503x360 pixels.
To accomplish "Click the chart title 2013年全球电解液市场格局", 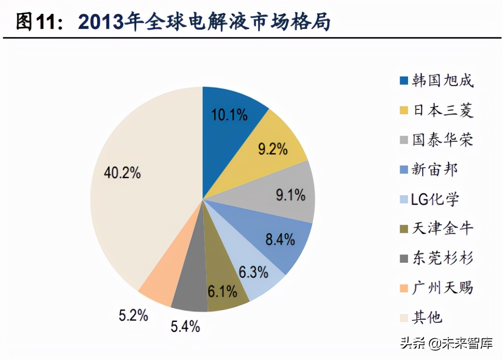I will coord(204,22).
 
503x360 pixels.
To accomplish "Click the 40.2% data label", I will coord(122,173).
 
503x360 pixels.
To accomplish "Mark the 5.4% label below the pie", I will coord(185,326).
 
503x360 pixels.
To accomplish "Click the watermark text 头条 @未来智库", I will coord(447,344).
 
